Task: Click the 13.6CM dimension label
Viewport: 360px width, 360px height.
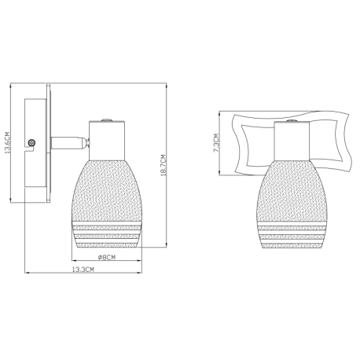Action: click(x=7, y=142)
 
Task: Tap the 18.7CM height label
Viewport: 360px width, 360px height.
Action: click(x=163, y=165)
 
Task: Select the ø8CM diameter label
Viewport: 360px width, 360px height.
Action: click(x=107, y=257)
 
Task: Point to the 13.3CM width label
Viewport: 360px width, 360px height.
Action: click(x=83, y=270)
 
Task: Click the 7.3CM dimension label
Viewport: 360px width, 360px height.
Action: click(x=216, y=143)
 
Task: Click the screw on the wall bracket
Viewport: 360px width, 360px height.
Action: click(x=31, y=143)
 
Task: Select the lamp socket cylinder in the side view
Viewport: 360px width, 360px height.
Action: click(x=107, y=141)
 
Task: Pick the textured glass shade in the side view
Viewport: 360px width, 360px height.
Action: click(x=107, y=204)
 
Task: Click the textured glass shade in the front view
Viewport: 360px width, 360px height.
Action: click(x=292, y=204)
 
